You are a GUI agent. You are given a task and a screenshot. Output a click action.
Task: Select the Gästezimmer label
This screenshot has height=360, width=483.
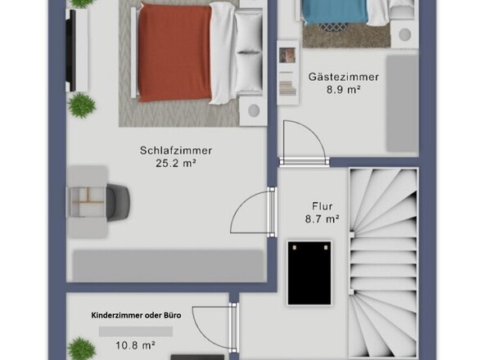344,77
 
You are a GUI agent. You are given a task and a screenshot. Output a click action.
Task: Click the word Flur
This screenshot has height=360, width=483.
321,206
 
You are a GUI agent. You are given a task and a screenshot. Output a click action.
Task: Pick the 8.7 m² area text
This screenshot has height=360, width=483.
321,219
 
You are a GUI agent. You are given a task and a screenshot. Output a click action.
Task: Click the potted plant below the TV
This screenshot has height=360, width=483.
81,104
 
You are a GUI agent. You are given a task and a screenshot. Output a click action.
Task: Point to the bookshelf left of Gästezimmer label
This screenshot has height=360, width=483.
287,70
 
